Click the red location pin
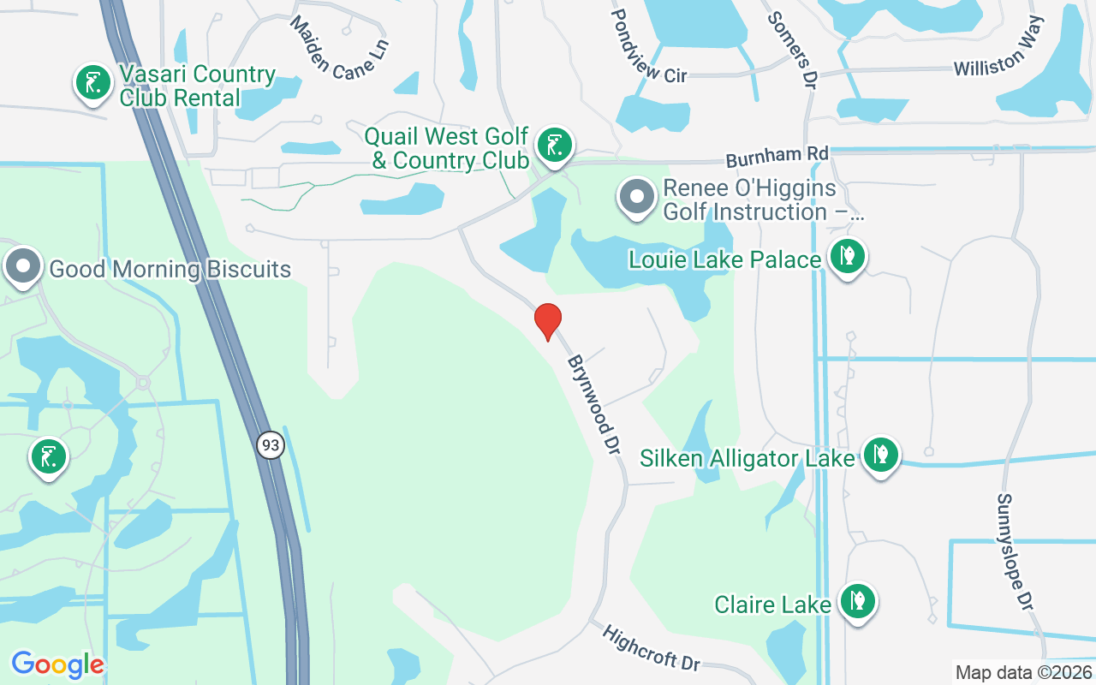click(x=548, y=321)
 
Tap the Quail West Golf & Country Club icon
click(x=554, y=146)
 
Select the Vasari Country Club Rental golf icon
click(x=92, y=84)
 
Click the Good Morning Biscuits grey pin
click(x=23, y=266)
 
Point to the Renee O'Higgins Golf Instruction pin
click(x=637, y=197)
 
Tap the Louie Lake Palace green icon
click(x=848, y=256)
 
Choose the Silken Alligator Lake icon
click(x=880, y=455)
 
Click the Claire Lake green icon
click(x=856, y=602)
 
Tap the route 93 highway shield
click(x=271, y=445)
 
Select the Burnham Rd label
click(x=777, y=157)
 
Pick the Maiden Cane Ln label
click(x=339, y=49)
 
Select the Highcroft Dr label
click(x=652, y=648)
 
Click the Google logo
click(x=57, y=664)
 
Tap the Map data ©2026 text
click(x=1023, y=672)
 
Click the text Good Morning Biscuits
click(x=170, y=269)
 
